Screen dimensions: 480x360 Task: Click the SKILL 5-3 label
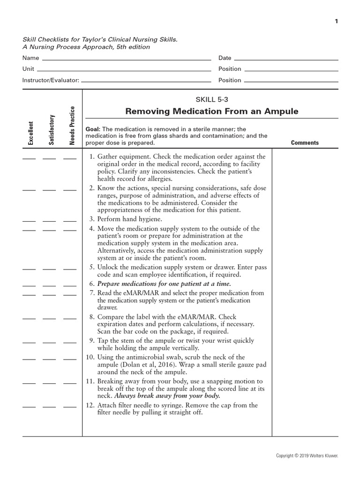pos(211,99)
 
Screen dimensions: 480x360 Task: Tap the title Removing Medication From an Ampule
pos(211,112)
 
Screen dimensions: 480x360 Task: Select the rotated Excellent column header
pos(31,133)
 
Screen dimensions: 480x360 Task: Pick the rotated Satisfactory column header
pos(51,130)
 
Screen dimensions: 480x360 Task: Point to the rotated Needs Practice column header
pos(72,126)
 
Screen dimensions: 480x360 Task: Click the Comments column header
pos(305,143)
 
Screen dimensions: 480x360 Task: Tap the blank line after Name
pos(127,60)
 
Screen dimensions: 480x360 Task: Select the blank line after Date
pos(286,60)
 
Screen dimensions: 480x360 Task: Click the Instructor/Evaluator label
pos(51,80)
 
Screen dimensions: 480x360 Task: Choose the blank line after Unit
pos(124,71)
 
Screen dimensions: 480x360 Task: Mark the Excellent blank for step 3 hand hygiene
pos(29,221)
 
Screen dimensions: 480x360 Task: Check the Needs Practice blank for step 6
pos(70,285)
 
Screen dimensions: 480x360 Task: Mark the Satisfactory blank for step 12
pos(49,407)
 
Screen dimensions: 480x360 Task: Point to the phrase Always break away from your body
pos(167,396)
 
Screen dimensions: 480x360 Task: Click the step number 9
pos(92,341)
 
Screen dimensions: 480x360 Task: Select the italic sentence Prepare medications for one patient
pos(164,284)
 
